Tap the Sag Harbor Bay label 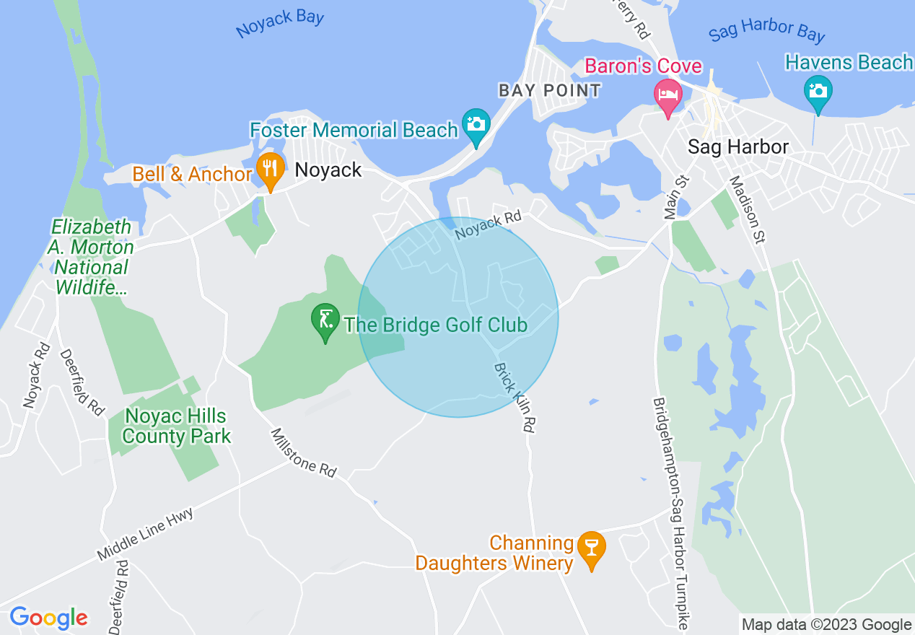click(x=766, y=32)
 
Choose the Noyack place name click(x=328, y=170)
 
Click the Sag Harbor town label click(x=737, y=147)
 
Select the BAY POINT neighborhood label click(x=550, y=90)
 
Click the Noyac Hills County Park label click(x=176, y=426)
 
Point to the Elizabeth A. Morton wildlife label click(x=92, y=258)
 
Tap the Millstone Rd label click(x=304, y=452)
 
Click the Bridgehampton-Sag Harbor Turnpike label click(x=669, y=512)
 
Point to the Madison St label click(x=746, y=209)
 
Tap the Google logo click(x=49, y=618)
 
